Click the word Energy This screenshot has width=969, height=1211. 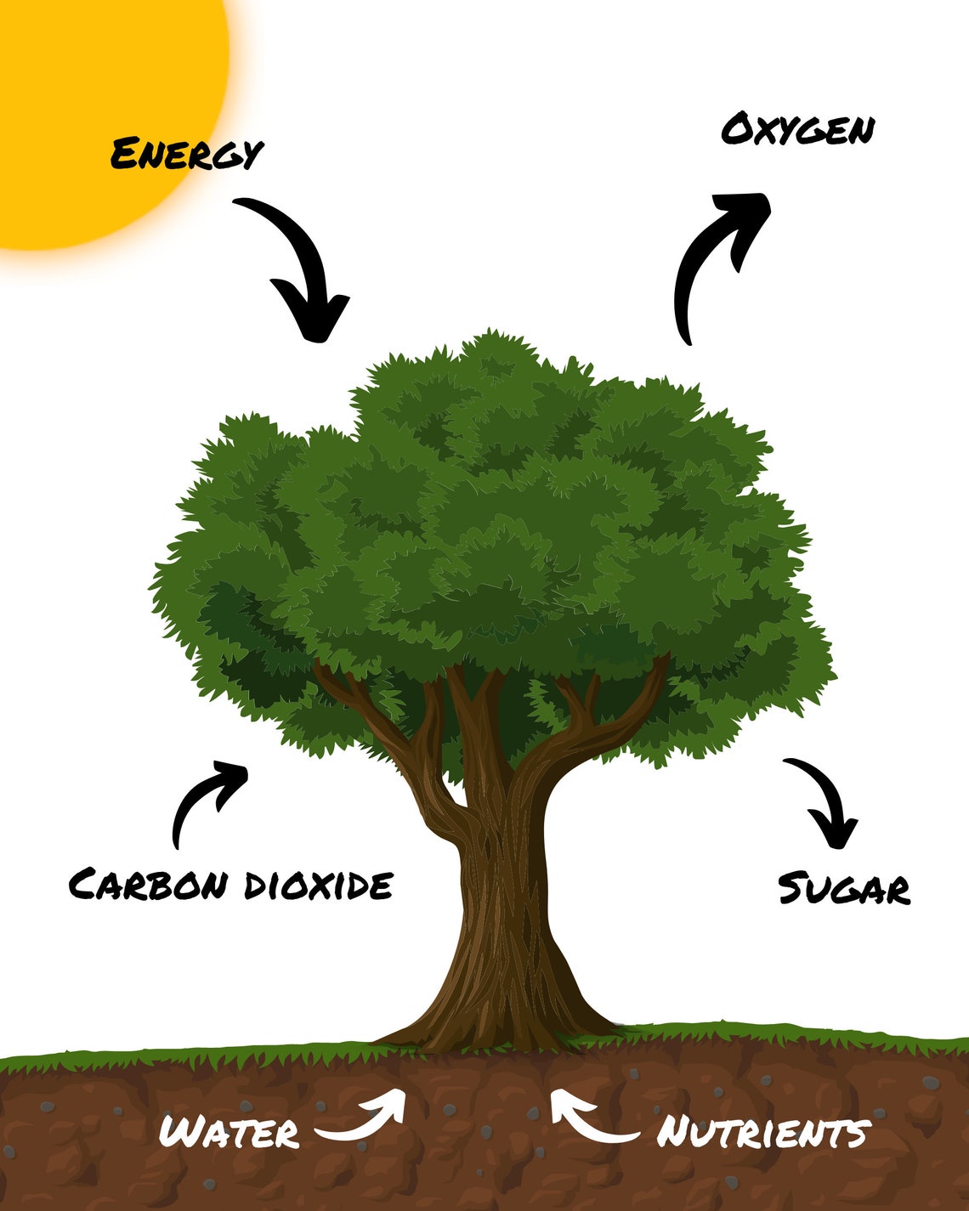[x=187, y=154]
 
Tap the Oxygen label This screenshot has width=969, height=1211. [x=798, y=129]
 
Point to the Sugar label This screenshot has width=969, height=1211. [x=845, y=889]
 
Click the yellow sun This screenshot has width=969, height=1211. [x=101, y=112]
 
